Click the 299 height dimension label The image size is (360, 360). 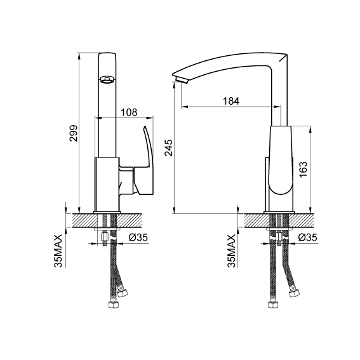(x=74, y=133)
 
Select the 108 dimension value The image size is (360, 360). (x=129, y=112)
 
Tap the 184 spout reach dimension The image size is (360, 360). (x=231, y=101)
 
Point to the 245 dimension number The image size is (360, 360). (x=169, y=148)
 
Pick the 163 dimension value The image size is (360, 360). (x=303, y=170)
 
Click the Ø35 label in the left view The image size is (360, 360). (x=138, y=237)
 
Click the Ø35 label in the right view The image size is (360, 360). (x=308, y=237)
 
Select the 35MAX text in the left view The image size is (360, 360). (x=58, y=251)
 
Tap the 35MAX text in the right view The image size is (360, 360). (x=231, y=251)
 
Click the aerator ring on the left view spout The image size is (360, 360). (x=107, y=80)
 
